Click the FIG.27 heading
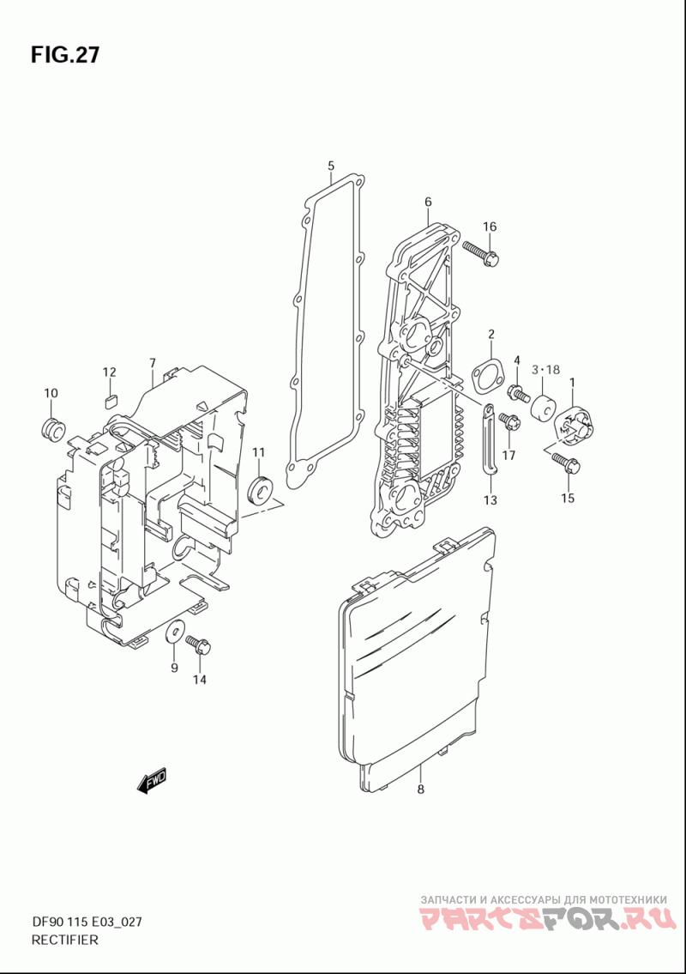coord(65,56)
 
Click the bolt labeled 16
coord(480,253)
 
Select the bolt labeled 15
coord(565,464)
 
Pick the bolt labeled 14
coord(198,644)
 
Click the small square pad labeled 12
coord(109,400)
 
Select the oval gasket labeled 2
coord(490,375)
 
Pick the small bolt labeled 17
coord(508,422)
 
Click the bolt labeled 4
coord(518,394)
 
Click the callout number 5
coord(330,165)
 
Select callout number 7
coord(152,362)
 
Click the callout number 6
coord(428,203)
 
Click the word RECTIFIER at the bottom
coord(64,940)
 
